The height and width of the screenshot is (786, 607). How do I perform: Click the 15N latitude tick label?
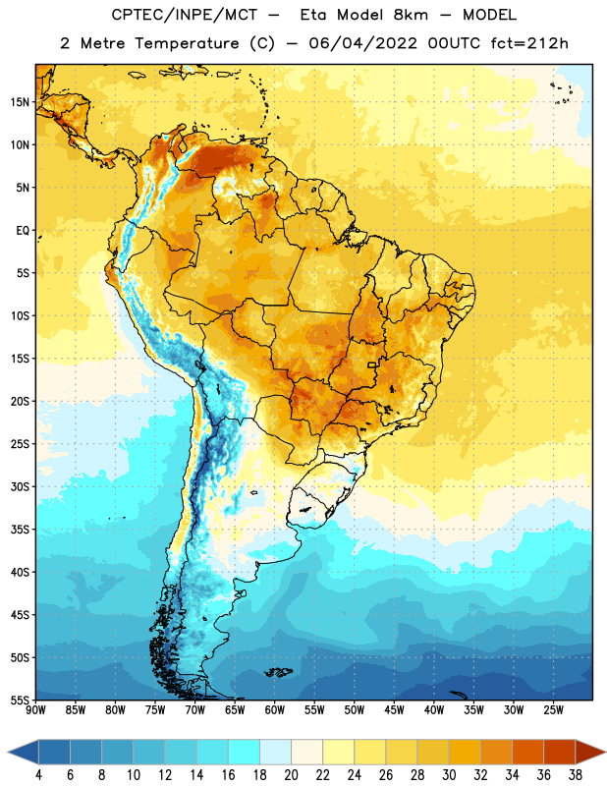20,102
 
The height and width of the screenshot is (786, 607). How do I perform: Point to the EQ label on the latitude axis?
23,231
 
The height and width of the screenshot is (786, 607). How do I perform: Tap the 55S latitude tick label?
20,700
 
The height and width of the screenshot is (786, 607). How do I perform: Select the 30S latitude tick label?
20,486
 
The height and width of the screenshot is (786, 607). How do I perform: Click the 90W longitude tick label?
35,710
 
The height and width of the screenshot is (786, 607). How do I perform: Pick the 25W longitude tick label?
553,710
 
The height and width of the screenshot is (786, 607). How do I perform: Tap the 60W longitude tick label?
275,710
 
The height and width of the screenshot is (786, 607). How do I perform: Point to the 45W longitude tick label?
394,710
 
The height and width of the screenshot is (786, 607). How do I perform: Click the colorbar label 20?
291,775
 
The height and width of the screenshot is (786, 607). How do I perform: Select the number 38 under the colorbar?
576,775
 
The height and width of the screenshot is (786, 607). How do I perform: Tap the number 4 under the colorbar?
38,775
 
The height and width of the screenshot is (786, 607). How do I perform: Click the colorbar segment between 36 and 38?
560,752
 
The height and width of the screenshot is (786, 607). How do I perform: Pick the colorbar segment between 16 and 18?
244,752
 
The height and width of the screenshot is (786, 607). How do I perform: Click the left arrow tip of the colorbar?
8,752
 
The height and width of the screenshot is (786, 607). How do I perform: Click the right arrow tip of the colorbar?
606,752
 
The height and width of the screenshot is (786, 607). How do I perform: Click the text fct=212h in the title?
529,43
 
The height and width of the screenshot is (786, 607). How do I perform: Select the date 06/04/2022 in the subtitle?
362,43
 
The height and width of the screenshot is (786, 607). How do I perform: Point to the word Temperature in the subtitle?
187,44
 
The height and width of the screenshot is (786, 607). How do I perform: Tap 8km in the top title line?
411,15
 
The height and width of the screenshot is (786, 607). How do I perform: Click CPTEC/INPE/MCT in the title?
185,15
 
